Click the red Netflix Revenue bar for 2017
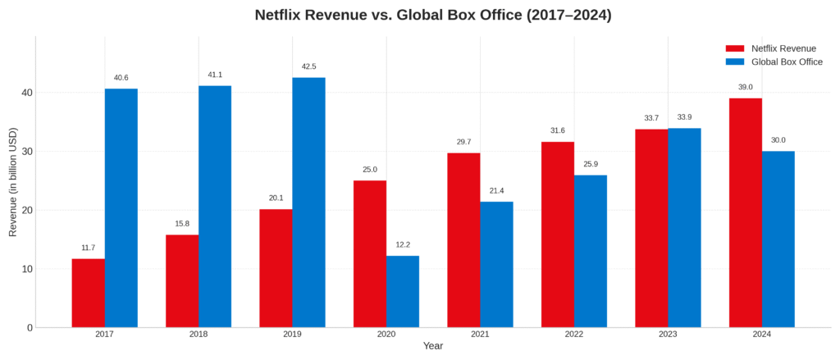coord(88,293)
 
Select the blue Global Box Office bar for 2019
coord(308,203)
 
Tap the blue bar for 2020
coord(403,291)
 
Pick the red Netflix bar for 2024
coord(745,212)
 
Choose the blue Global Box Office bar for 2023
coord(684,227)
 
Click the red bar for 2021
coord(463,239)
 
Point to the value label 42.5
coord(308,66)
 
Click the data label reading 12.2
coord(403,244)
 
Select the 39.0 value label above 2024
coord(745,87)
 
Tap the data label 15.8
coord(182,224)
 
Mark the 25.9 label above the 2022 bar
coord(591,164)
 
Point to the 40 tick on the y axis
coord(27,93)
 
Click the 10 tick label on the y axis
coord(27,269)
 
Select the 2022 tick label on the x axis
coord(574,335)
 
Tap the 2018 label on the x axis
coord(199,335)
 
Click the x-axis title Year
coord(433,346)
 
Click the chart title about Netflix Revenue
coord(433,16)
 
